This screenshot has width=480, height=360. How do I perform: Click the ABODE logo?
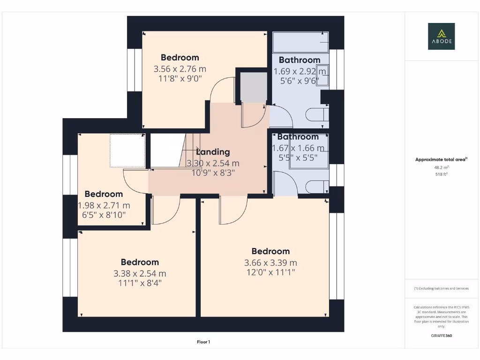point(441,37)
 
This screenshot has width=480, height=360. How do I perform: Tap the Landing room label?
point(213,152)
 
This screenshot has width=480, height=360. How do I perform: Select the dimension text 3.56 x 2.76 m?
point(180,69)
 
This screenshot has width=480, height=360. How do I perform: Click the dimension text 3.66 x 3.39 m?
point(270,263)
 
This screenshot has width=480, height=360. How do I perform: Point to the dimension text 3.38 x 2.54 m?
point(140,274)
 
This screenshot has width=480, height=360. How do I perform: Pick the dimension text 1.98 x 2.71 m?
point(104,205)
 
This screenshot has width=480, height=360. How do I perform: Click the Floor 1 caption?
point(203,342)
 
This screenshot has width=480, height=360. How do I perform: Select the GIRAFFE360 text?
point(441,336)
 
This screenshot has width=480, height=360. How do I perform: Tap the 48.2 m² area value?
point(441,167)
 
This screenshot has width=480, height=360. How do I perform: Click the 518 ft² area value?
point(441,174)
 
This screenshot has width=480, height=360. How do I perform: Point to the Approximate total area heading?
point(440,160)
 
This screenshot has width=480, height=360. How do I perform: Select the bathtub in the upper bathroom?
point(300,43)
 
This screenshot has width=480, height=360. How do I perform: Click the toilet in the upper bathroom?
point(316,114)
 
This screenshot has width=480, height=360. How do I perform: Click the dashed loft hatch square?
point(127,151)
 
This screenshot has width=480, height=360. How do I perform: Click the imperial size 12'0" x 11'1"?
point(270,272)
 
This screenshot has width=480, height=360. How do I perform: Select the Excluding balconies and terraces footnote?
point(441,288)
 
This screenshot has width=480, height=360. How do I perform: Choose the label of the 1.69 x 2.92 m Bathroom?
point(300,60)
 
